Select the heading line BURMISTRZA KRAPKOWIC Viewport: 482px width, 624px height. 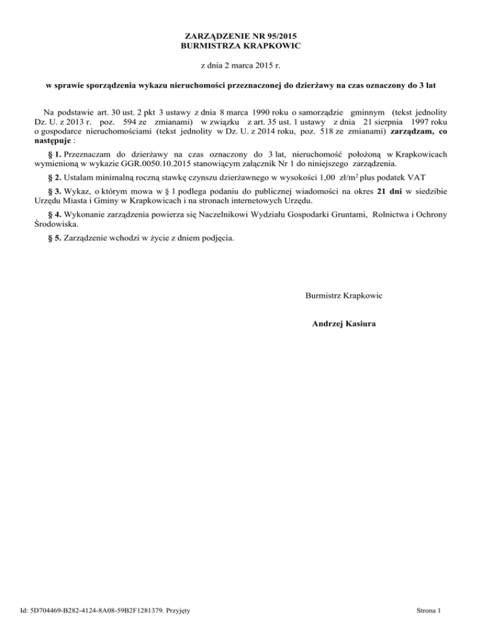(240, 46)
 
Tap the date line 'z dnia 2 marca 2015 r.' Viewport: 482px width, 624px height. (240, 65)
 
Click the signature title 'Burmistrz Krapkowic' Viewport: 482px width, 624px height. (344, 294)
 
